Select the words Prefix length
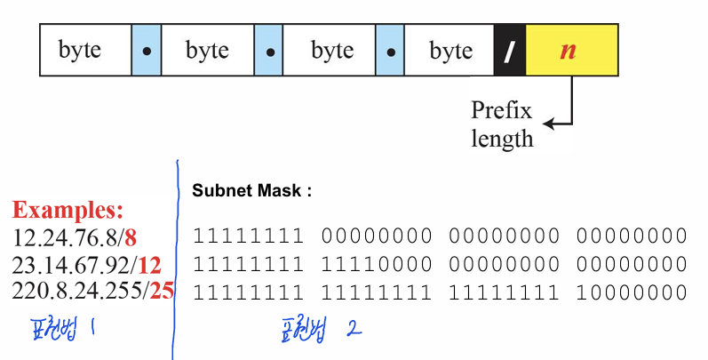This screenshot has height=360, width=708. (501, 124)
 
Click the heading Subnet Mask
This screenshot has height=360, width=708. (252, 190)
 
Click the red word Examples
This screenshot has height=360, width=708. (68, 212)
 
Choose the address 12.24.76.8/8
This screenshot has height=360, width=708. (74, 239)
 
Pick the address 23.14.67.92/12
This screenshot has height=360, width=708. (87, 265)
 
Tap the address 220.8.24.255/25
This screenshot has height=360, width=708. (93, 291)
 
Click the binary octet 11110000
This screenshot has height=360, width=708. (377, 265)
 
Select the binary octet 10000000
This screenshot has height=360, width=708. (632, 291)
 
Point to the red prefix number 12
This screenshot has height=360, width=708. (148, 265)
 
